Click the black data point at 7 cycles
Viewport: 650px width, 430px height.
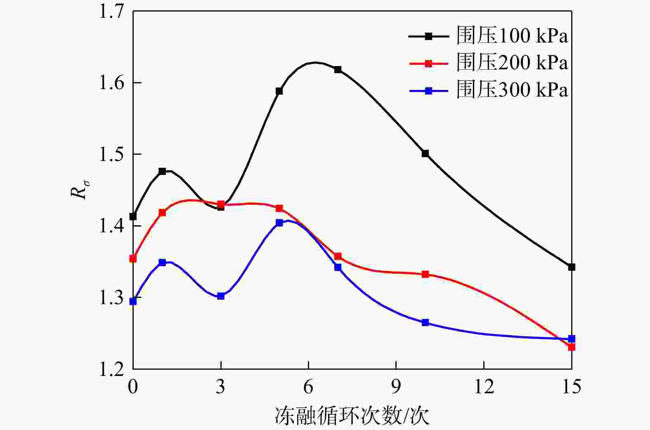[338, 69]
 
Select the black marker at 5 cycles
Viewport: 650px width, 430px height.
[279, 91]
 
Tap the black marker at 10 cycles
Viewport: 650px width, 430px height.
[425, 154]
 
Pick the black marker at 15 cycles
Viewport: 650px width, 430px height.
[572, 267]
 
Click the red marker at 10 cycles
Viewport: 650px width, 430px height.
[425, 274]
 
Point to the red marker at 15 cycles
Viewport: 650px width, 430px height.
[572, 347]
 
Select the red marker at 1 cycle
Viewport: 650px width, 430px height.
[162, 213]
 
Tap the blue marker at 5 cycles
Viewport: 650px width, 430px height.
[279, 222]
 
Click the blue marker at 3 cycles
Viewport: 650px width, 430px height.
[221, 296]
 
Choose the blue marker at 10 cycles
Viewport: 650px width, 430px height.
[425, 322]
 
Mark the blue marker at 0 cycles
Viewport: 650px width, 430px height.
[133, 301]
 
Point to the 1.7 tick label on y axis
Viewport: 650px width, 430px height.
[111, 12]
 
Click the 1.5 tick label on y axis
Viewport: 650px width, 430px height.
[111, 154]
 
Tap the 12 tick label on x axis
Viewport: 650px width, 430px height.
[484, 387]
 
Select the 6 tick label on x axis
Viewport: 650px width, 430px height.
[308, 387]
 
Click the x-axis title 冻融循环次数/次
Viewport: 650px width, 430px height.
[352, 416]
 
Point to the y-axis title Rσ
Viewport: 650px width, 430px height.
[79, 189]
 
